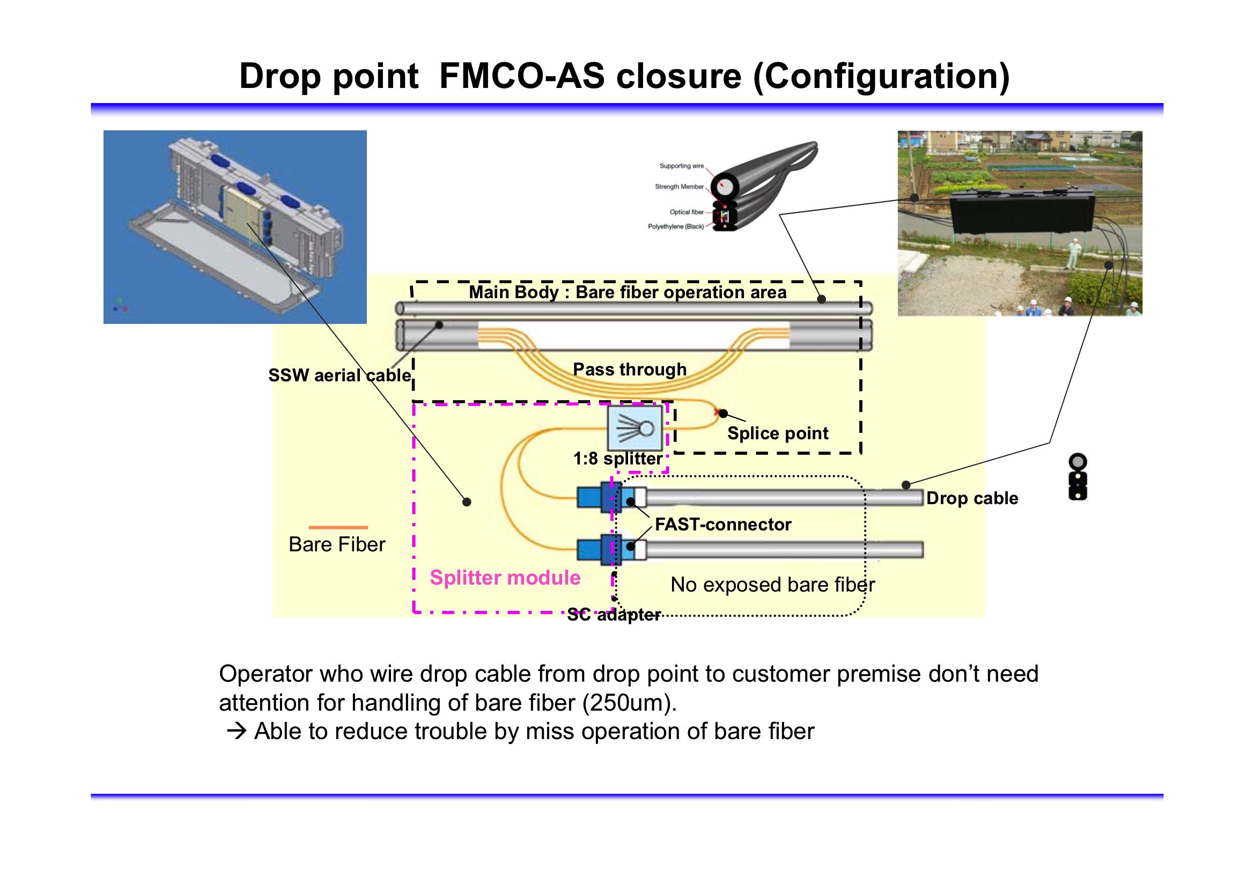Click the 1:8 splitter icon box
635,427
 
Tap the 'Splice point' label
777,433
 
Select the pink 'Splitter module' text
505,578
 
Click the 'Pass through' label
629,370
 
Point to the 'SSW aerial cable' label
339,375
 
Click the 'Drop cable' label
972,498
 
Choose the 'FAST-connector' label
722,525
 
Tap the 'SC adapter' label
614,615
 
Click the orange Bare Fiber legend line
338,527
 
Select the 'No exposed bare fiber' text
772,585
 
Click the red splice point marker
717,412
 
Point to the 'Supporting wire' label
681,166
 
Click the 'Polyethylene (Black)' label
676,226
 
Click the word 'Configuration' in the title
881,76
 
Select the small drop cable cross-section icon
1077,477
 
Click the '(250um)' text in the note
629,703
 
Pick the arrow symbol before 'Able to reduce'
237,731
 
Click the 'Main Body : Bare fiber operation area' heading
628,292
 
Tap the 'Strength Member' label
679,187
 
